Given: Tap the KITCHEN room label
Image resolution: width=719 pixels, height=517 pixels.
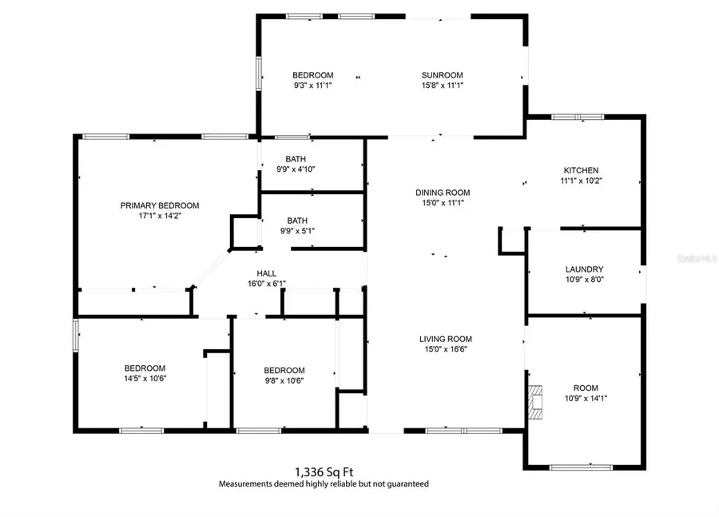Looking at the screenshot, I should (581, 170).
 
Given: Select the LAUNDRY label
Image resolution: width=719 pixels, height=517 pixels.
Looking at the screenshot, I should (584, 269).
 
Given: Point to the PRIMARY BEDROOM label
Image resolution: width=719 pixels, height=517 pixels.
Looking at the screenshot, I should (160, 205).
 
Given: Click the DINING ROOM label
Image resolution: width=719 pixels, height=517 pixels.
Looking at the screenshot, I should (443, 193).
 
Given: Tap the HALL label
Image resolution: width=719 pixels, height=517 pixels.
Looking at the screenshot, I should (267, 273).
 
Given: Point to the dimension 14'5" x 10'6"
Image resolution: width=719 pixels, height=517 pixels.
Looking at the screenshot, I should (145, 378).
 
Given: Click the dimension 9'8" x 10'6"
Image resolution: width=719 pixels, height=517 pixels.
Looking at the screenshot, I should (284, 380).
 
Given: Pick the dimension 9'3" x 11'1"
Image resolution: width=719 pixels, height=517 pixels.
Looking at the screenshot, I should (312, 85).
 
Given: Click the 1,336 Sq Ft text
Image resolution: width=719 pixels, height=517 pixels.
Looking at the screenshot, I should (324, 472).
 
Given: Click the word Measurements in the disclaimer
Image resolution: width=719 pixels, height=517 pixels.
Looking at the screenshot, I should (246, 484).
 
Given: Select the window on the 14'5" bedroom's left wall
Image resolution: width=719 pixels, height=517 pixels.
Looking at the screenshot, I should (76, 335).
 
